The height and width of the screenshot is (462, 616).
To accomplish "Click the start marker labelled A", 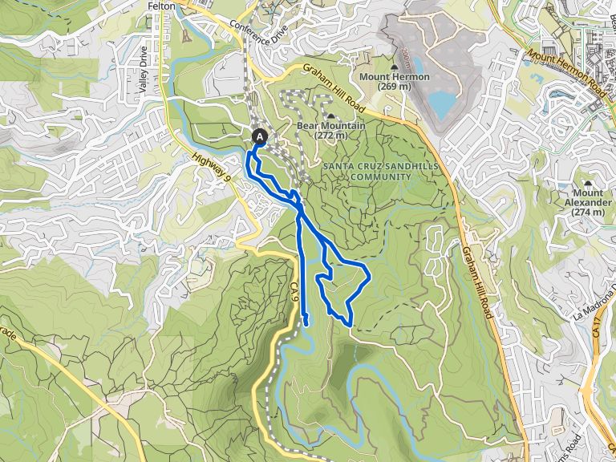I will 260,137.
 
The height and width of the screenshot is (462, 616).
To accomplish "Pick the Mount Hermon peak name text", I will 394,77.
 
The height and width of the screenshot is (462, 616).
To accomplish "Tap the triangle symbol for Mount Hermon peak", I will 395,67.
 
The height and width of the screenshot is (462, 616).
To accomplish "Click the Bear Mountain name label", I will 331,126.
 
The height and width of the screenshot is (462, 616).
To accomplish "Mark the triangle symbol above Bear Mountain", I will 330,116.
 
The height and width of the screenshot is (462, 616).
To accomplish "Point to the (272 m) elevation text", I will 331,136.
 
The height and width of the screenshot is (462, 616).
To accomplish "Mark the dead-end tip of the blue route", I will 306,323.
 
